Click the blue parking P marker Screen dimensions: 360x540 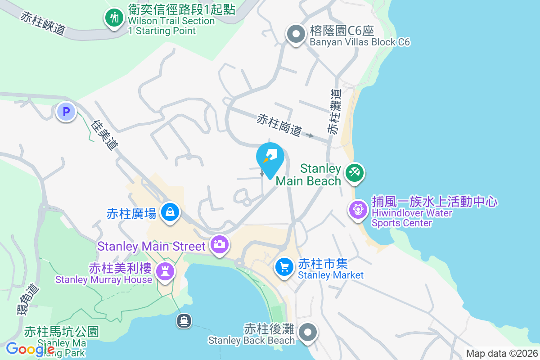click(66, 112)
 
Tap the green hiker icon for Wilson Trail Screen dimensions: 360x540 click(115, 18)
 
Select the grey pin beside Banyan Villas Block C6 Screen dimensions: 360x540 click(296, 34)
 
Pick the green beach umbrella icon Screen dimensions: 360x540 click(355, 173)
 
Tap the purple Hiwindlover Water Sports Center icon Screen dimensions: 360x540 click(358, 209)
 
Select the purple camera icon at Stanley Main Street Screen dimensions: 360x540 click(220, 245)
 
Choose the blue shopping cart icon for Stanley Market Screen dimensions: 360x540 click(284, 267)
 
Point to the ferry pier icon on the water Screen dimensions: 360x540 click(184, 321)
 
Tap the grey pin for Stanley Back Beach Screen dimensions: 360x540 click(308, 333)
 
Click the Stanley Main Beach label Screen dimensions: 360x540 click(308, 175)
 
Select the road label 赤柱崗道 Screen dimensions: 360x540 click(279, 125)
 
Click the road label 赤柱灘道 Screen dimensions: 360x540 click(334, 112)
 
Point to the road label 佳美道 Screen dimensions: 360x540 click(104, 134)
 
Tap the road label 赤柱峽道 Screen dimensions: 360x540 click(43, 23)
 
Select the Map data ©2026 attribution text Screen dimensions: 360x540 click(501, 354)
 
